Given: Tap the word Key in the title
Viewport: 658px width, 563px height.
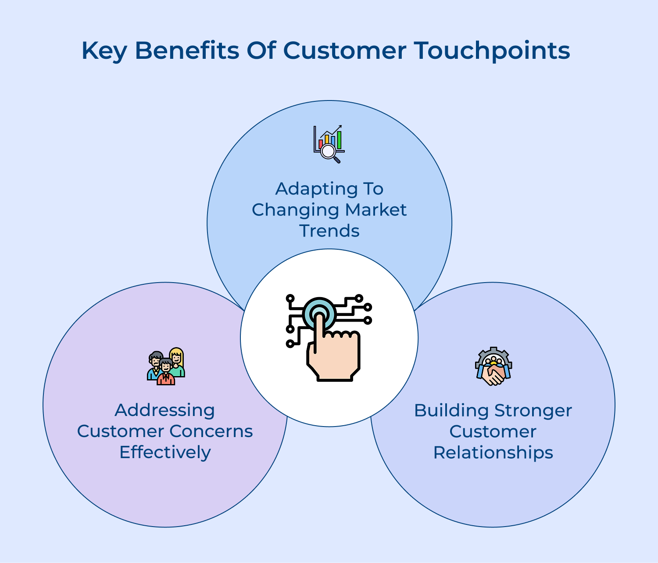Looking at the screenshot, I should [104, 50].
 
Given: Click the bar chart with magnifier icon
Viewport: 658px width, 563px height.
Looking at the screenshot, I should [329, 144].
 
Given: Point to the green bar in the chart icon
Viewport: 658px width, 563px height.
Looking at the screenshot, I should [339, 140].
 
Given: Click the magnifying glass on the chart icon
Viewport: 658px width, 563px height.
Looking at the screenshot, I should [329, 152].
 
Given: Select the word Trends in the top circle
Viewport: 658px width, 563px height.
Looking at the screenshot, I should [329, 231].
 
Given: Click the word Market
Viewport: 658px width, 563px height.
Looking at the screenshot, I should [375, 210].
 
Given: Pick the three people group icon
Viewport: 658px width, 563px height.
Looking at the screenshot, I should [166, 367].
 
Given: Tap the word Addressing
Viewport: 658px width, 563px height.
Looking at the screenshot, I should [164, 410].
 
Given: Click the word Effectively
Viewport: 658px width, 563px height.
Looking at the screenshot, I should [165, 452].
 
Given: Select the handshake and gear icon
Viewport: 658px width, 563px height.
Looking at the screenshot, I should [493, 367].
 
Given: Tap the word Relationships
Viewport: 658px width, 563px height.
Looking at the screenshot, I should [493, 452].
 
